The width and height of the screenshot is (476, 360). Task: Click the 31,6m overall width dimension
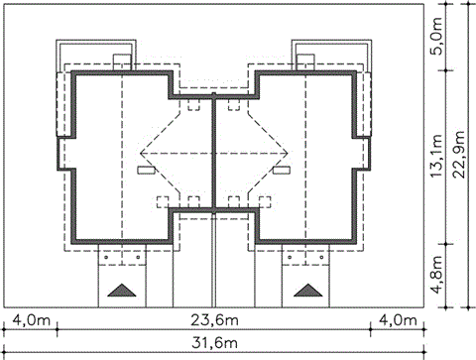coord(214,343)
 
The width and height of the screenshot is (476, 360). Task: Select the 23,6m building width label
coord(214,320)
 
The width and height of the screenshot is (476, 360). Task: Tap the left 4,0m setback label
coord(32,320)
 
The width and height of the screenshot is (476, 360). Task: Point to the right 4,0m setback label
coord(398,320)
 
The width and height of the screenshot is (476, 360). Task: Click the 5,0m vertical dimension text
coord(437,37)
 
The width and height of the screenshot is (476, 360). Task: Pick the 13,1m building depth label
coord(437,156)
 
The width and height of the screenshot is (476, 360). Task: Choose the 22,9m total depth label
coord(460,155)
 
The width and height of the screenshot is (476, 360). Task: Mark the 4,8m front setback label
coord(437,275)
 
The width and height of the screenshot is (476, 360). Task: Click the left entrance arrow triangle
coord(122,291)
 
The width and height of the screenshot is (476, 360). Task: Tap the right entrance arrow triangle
coord(308,291)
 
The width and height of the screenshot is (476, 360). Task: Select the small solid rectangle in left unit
coord(146,170)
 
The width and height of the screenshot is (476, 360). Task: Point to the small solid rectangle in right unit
coord(282,170)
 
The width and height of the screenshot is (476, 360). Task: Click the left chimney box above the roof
coord(122,62)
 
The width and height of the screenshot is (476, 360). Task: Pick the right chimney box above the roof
coord(305,62)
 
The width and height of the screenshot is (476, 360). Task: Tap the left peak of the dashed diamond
coord(140,153)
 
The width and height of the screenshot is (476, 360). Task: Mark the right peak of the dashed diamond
coord(289,153)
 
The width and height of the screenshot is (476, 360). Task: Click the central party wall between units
coord(214,153)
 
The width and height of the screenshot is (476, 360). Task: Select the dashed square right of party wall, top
coord(234,104)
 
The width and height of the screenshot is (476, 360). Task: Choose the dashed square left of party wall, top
coord(194,104)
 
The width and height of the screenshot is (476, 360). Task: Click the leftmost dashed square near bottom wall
coord(163,202)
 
